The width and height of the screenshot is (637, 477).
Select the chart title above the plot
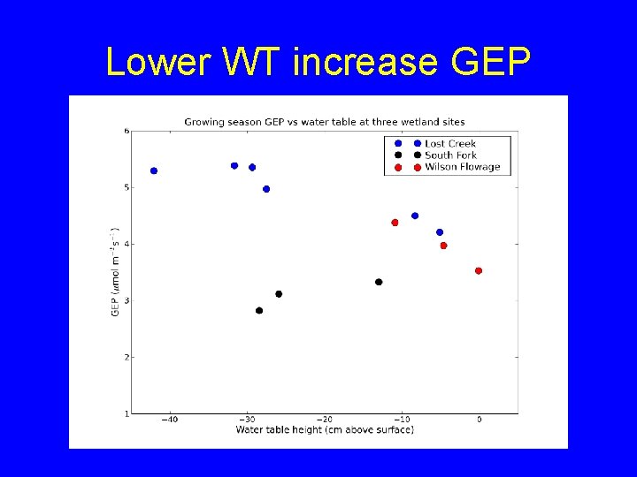pos(324,122)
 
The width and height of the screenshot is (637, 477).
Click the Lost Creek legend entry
pos(449,143)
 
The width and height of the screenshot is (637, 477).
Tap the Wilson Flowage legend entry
pos(462,166)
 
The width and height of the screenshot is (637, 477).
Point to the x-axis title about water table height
pos(325,430)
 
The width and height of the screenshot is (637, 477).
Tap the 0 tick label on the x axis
pos(479,420)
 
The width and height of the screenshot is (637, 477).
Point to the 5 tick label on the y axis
pos(127,187)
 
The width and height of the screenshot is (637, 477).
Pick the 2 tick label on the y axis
pos(127,357)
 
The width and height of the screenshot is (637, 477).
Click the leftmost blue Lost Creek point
pos(154,170)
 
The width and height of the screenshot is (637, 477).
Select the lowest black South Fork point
pos(259,310)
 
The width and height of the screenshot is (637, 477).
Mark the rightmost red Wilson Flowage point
pos(479,271)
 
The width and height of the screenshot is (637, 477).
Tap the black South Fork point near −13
pos(379,282)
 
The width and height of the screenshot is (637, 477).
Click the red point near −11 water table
pos(395,223)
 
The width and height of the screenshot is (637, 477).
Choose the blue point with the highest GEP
pos(234,165)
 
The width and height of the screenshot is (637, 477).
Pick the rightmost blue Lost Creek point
pos(440,232)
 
